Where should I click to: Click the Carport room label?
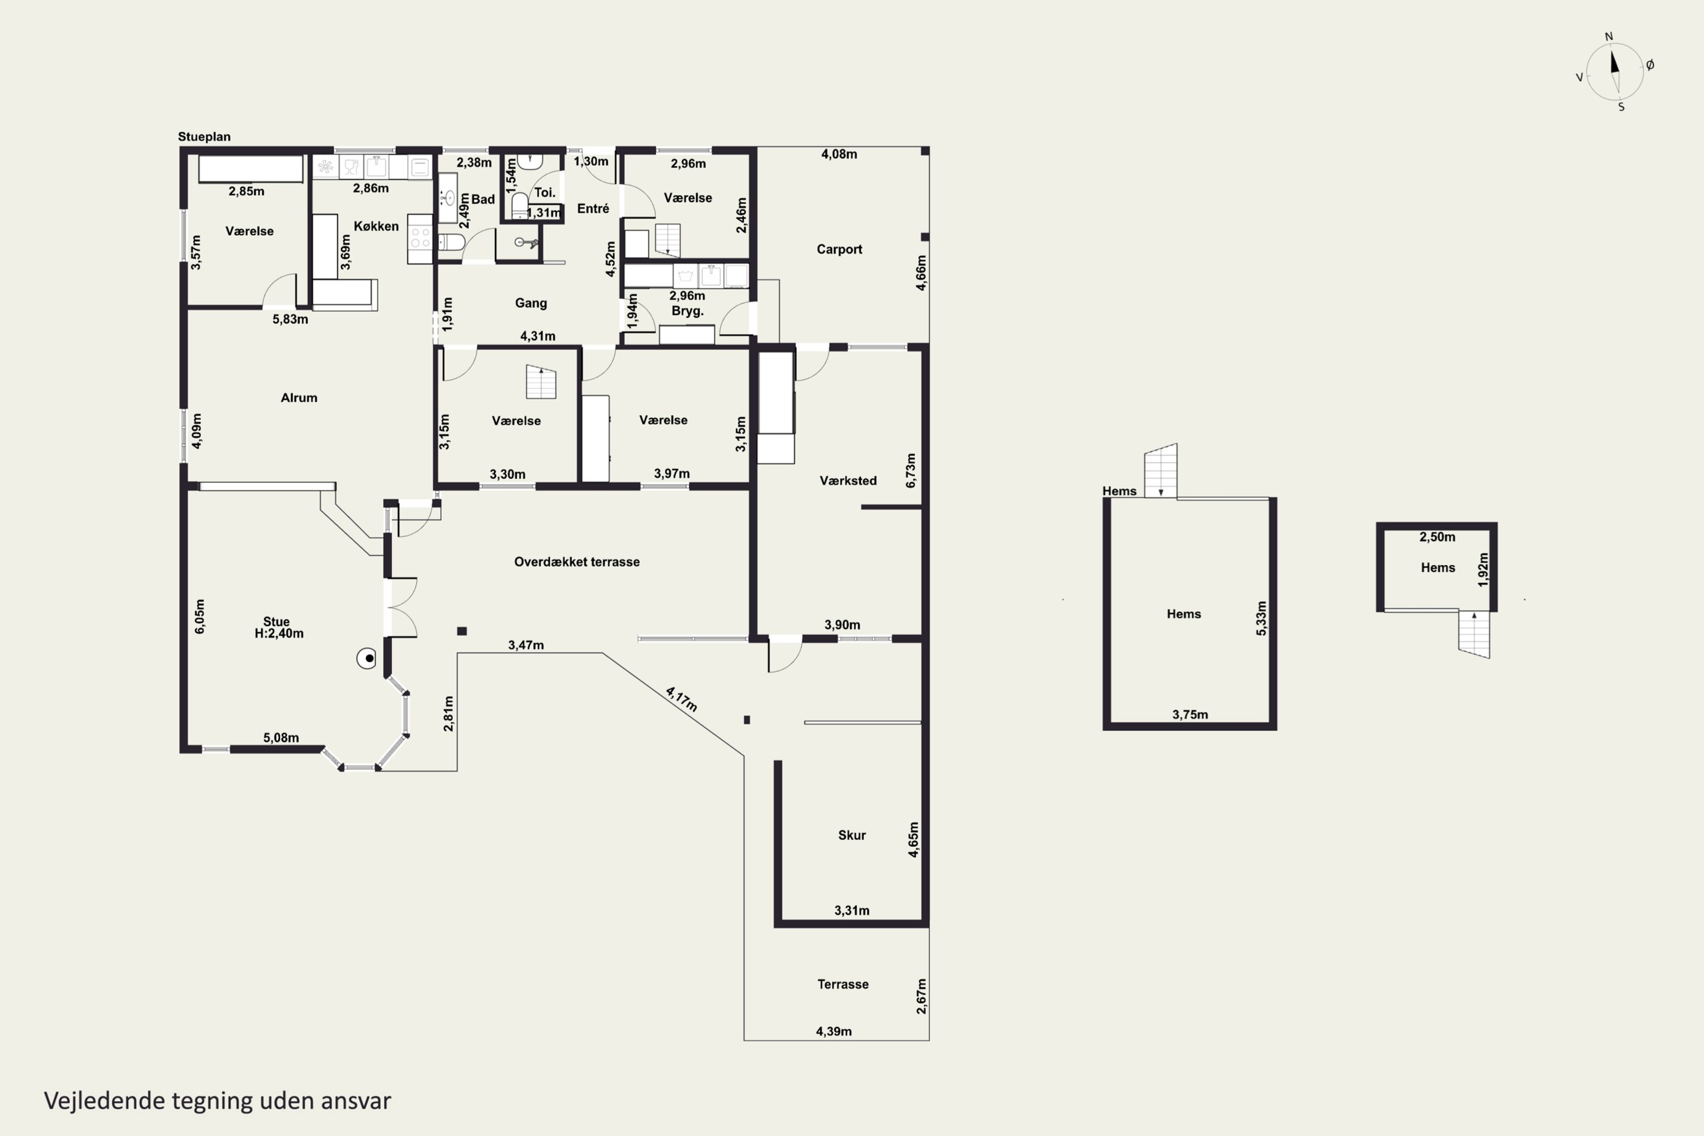click(x=839, y=249)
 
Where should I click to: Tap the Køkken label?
click(x=376, y=226)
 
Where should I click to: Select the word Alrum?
click(x=299, y=398)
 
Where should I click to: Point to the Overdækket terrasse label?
click(x=577, y=562)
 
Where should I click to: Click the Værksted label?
click(x=847, y=481)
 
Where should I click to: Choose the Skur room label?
click(x=852, y=836)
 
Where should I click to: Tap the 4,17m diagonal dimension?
click(x=682, y=699)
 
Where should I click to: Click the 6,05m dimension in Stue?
click(x=199, y=616)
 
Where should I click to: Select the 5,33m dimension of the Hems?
click(x=1262, y=619)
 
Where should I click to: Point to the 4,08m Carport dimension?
click(x=839, y=154)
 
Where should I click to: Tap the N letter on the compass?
click(x=1609, y=37)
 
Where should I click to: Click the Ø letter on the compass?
click(x=1651, y=65)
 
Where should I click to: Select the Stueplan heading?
click(x=204, y=137)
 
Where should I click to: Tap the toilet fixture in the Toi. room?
click(x=520, y=206)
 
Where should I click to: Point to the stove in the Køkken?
click(x=420, y=239)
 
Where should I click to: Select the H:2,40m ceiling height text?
click(x=279, y=633)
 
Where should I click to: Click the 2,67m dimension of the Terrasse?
click(x=921, y=996)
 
